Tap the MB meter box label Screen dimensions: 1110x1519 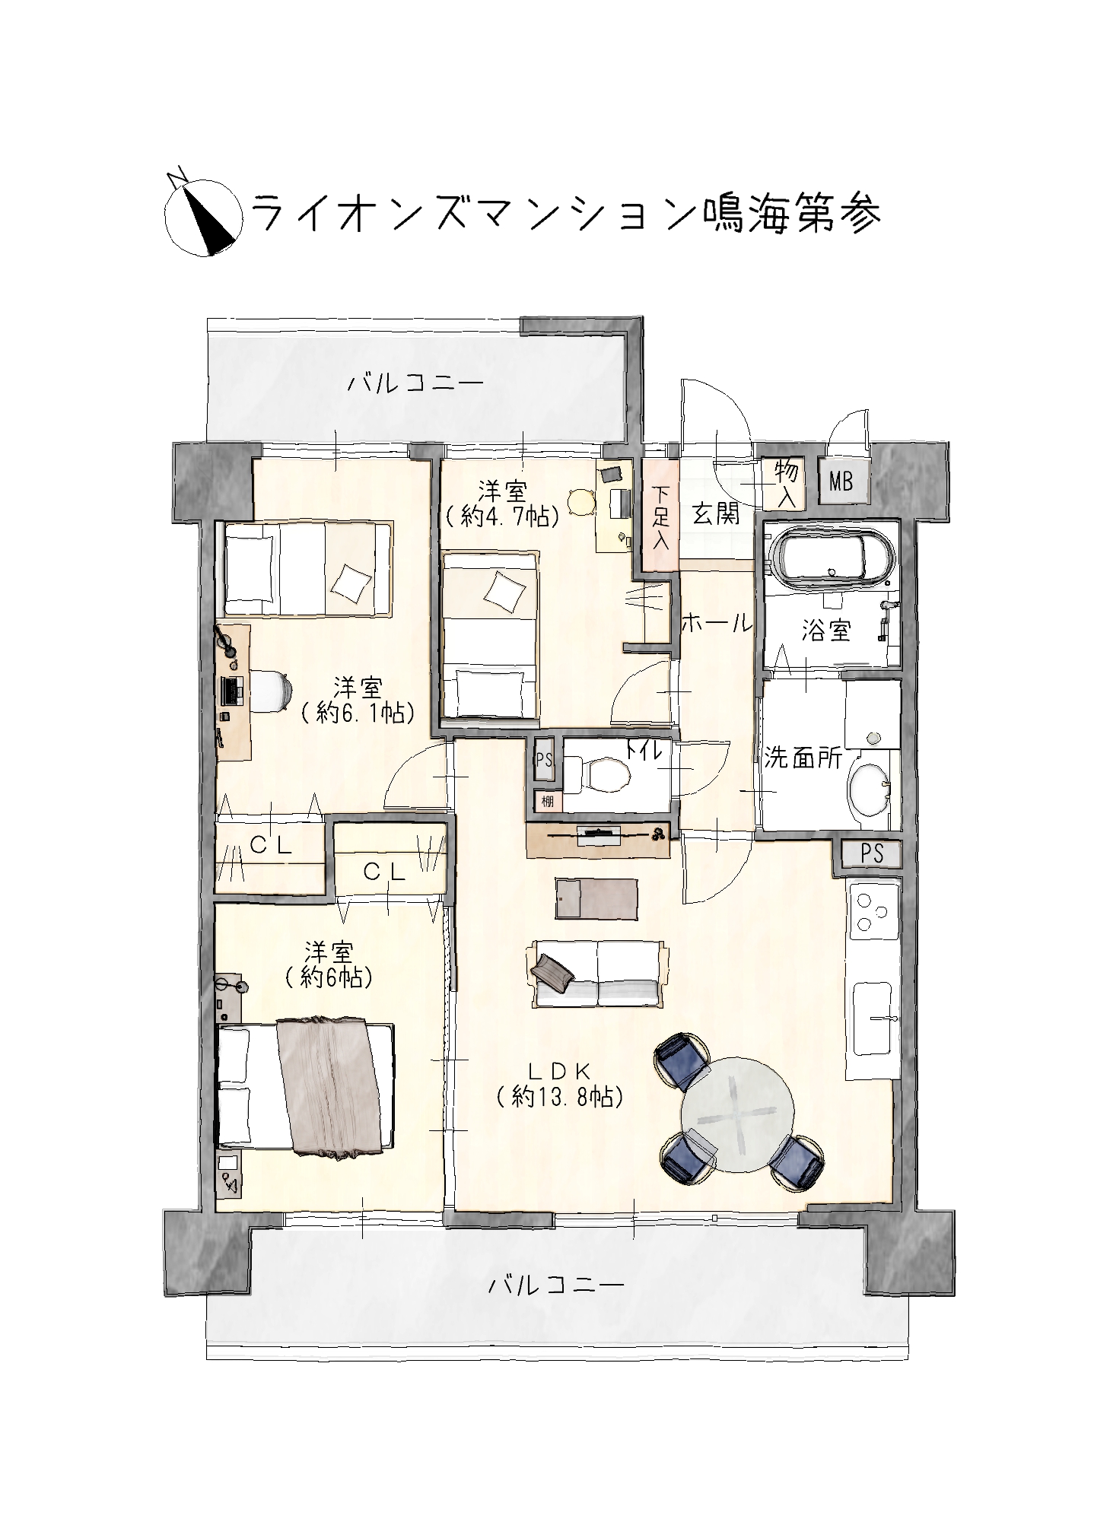[x=841, y=481]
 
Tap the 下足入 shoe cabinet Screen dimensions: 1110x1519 [x=660, y=514]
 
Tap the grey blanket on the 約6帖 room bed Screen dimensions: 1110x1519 [x=330, y=1087]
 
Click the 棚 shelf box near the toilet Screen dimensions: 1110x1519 [x=546, y=801]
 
